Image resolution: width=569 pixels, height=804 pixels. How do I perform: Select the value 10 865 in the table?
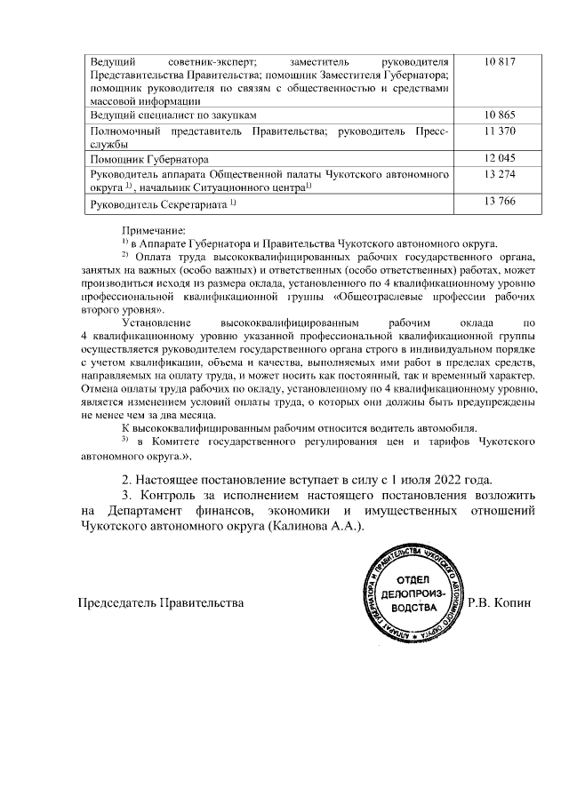pyautogui.click(x=501, y=116)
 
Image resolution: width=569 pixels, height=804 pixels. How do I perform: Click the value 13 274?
pyautogui.click(x=501, y=174)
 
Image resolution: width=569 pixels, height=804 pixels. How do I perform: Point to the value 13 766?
pyautogui.click(x=501, y=203)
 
